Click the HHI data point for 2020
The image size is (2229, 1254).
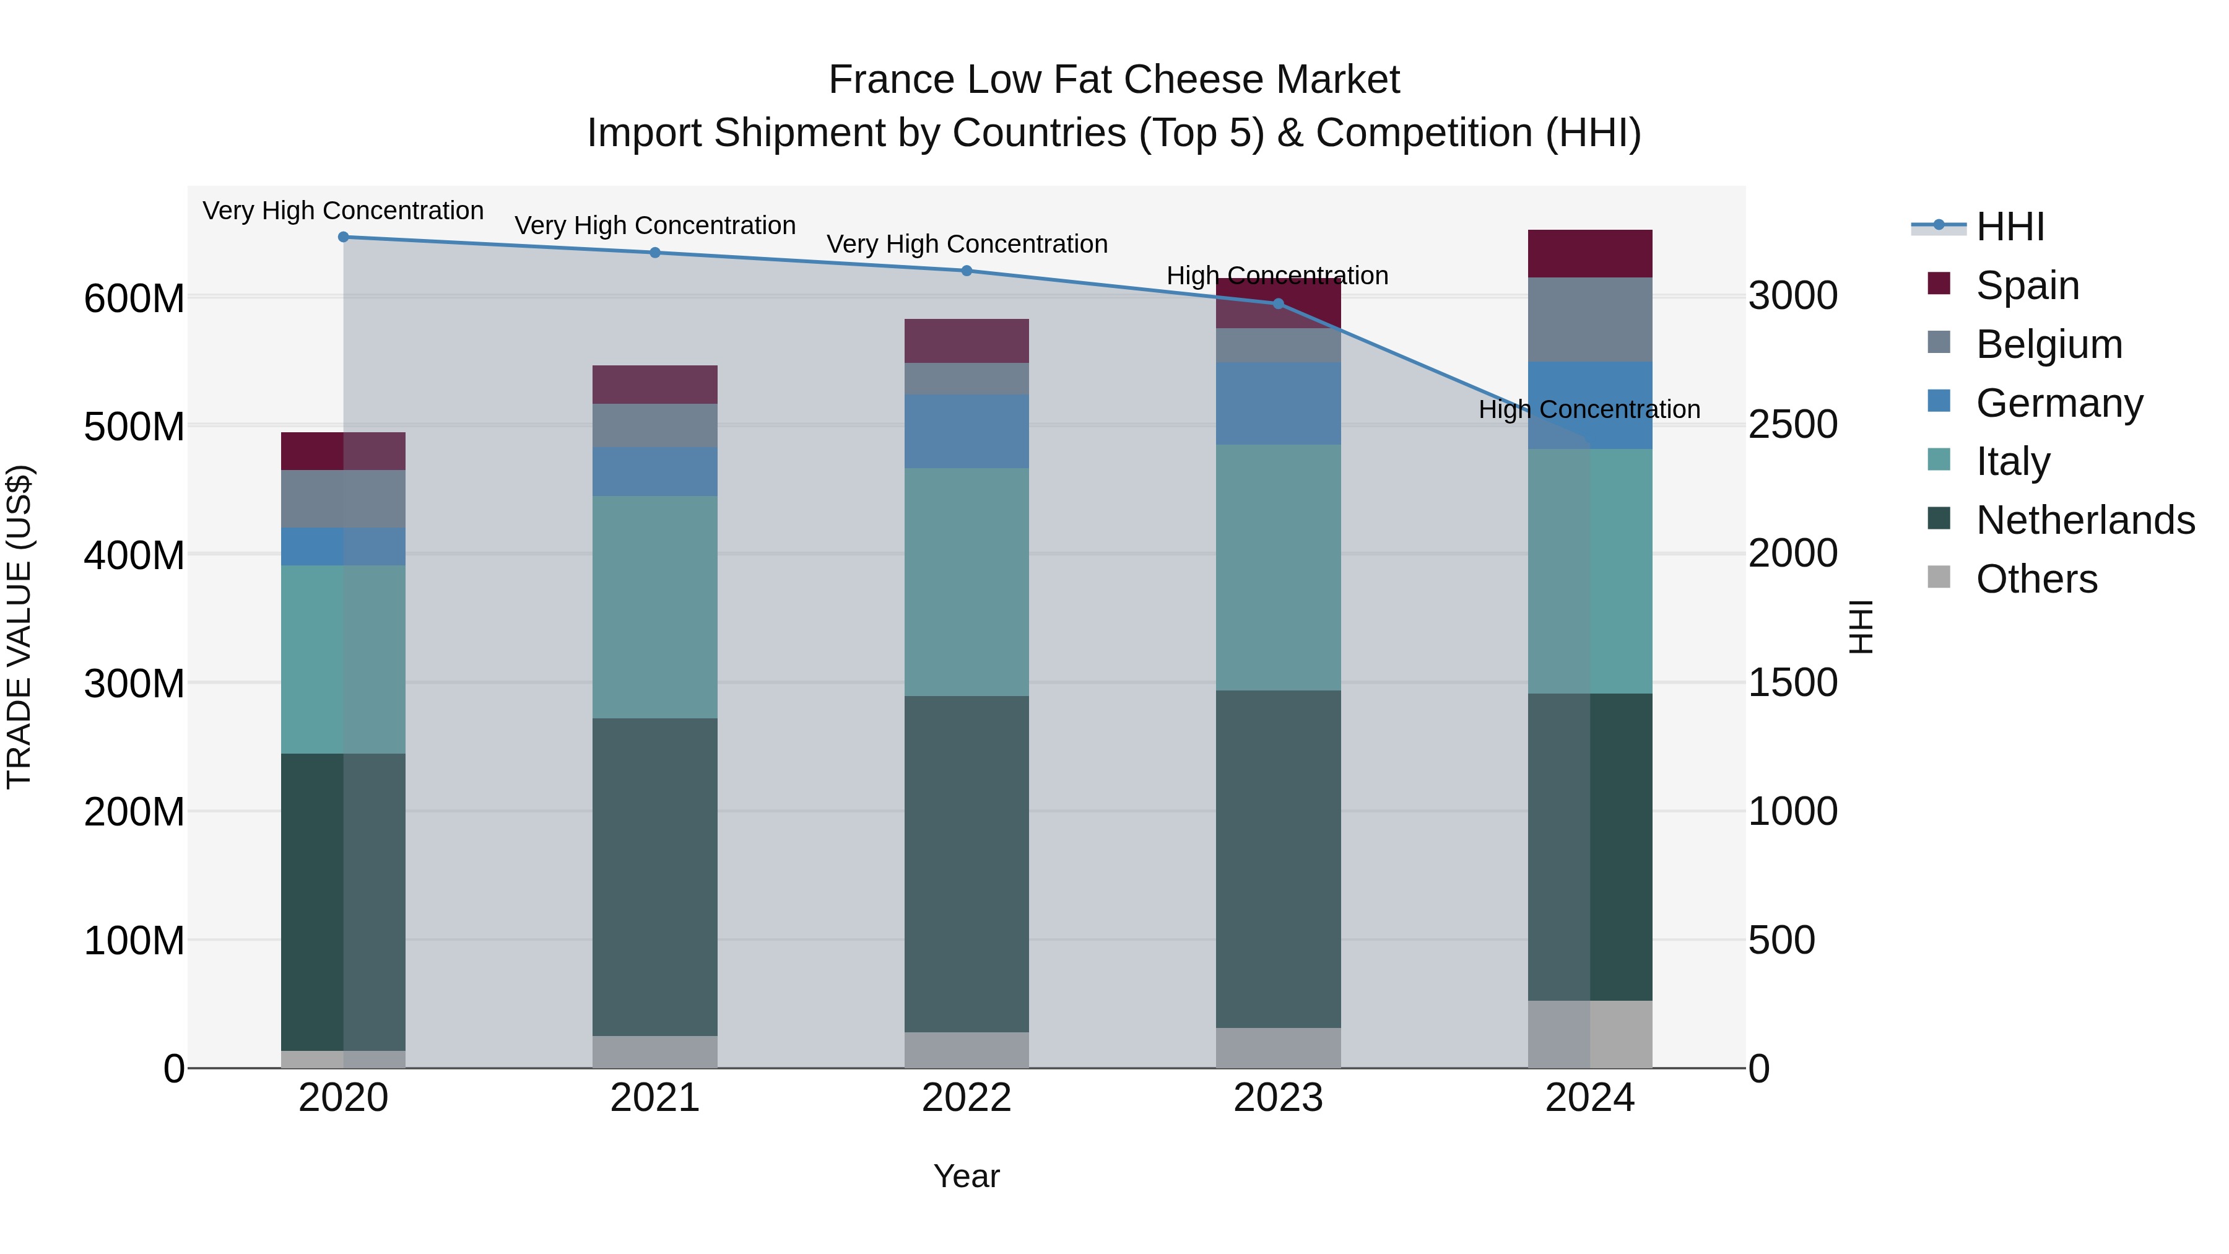pyautogui.click(x=344, y=237)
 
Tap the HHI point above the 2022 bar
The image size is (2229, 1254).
pyautogui.click(x=967, y=271)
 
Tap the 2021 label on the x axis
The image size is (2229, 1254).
pyautogui.click(x=655, y=1098)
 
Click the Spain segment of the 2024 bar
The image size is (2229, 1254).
pyautogui.click(x=1589, y=253)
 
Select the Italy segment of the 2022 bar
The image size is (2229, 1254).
pyautogui.click(x=967, y=581)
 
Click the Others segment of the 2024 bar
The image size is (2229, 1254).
pyautogui.click(x=1589, y=1034)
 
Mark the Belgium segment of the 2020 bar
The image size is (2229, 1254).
pyautogui.click(x=344, y=499)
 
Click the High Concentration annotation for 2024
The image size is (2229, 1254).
pyautogui.click(x=1589, y=409)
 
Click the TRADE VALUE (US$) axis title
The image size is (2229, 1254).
pyautogui.click(x=19, y=627)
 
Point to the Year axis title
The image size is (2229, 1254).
pyautogui.click(x=967, y=1176)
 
